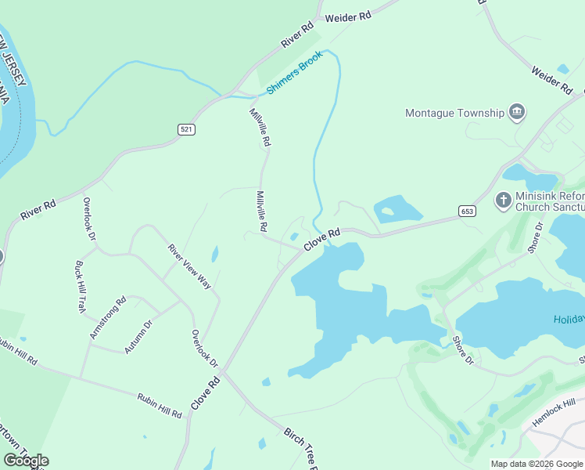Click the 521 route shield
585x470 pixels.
pos(186,129)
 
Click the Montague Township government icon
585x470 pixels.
pos(516,113)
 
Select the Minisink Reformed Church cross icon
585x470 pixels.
pos(504,201)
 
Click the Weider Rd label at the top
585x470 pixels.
pos(347,17)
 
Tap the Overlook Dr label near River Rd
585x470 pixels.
pos(89,219)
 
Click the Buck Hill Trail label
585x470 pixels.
pos(79,287)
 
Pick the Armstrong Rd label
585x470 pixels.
pos(108,317)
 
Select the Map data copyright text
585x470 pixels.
pos(537,464)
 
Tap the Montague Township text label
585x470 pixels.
pos(454,113)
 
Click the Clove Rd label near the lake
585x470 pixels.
pos(321,239)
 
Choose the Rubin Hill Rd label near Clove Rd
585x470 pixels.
pos(160,405)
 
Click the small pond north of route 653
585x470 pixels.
pos(397,210)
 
